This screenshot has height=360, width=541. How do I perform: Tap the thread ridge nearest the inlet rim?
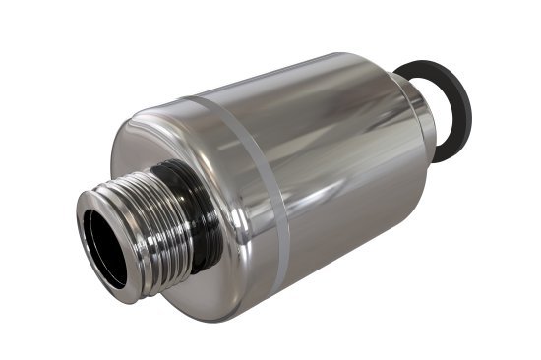(123, 231)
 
